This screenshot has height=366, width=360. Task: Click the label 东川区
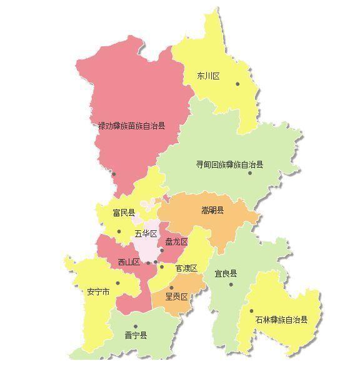[x=209, y=76]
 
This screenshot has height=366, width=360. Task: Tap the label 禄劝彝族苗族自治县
[x=132, y=126]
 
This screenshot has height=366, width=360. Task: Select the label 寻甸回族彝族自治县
[x=230, y=165]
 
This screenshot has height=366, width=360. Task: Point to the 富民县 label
[x=124, y=213]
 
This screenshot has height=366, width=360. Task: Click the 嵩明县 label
[x=212, y=210]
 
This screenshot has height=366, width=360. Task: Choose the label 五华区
[x=146, y=234]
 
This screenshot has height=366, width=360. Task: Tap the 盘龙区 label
[x=176, y=241]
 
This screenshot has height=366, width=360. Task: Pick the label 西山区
[x=129, y=262]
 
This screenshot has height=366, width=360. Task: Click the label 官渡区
[x=186, y=268]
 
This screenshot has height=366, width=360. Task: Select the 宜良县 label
[x=226, y=273]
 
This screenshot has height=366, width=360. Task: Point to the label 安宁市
[x=99, y=292]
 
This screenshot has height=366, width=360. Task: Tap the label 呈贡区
[x=176, y=296]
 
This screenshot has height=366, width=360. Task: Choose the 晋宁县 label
[x=135, y=335]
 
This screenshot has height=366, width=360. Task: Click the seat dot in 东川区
[x=237, y=83]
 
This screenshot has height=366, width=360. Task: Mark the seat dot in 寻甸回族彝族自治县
[x=249, y=173]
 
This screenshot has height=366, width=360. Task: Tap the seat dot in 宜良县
[x=231, y=285]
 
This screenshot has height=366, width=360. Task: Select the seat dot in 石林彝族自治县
[x=252, y=310]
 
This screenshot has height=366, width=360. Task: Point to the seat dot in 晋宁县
[x=135, y=326]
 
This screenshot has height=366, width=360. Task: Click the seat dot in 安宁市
[x=117, y=283]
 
